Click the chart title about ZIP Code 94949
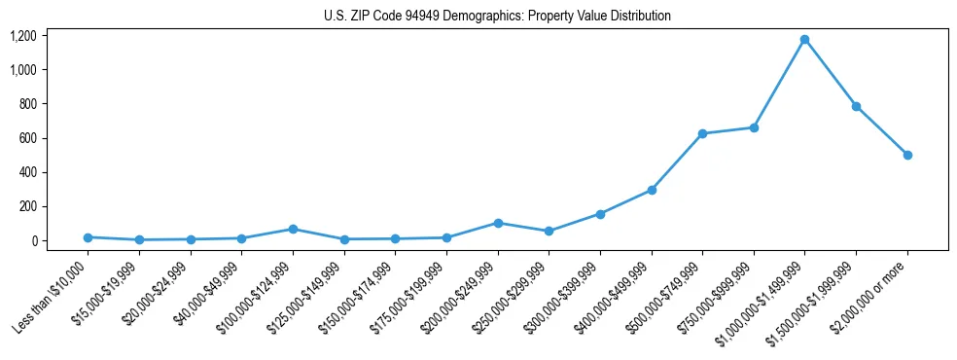(x=497, y=16)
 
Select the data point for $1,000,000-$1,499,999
(x=804, y=40)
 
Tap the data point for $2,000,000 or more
(x=907, y=155)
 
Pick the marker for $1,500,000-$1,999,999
(x=856, y=106)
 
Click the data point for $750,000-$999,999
(x=754, y=127)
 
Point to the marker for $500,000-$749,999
(x=702, y=133)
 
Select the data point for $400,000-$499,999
(x=652, y=190)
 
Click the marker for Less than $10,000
(x=88, y=237)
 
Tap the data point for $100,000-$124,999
(x=293, y=229)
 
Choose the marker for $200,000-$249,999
(x=498, y=223)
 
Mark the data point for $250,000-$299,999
(x=549, y=231)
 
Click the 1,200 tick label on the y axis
(x=23, y=36)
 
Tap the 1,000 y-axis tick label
(x=23, y=70)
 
